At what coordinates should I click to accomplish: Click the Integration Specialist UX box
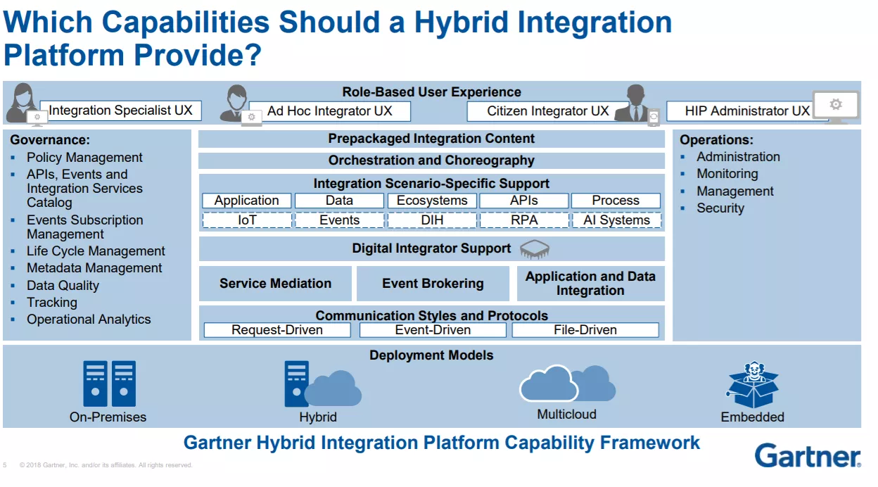click(x=121, y=110)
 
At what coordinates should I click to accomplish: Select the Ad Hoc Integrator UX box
click(x=330, y=111)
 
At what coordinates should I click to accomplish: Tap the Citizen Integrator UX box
click(x=547, y=111)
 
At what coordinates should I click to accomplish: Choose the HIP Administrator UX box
click(x=747, y=111)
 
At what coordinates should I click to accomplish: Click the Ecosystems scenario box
click(x=432, y=201)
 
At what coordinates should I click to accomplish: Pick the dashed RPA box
click(x=524, y=220)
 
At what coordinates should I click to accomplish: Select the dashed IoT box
click(x=247, y=220)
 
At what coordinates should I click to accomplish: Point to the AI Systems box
click(x=616, y=220)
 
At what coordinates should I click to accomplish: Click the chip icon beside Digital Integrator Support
click(x=535, y=249)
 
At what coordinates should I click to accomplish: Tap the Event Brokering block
click(x=433, y=284)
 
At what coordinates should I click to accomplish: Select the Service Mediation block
click(x=275, y=284)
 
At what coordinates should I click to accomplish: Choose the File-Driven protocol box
click(x=585, y=330)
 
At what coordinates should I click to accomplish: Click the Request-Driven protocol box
click(x=277, y=330)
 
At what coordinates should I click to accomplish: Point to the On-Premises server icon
click(x=109, y=384)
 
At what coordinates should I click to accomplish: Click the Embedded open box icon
click(x=753, y=385)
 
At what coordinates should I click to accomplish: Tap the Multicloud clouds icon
click(x=567, y=383)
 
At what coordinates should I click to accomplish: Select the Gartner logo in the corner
click(x=808, y=455)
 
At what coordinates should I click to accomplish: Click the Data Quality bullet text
click(x=63, y=286)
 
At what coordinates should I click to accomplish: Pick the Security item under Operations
click(x=720, y=208)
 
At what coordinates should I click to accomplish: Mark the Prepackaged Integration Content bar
click(x=431, y=139)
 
